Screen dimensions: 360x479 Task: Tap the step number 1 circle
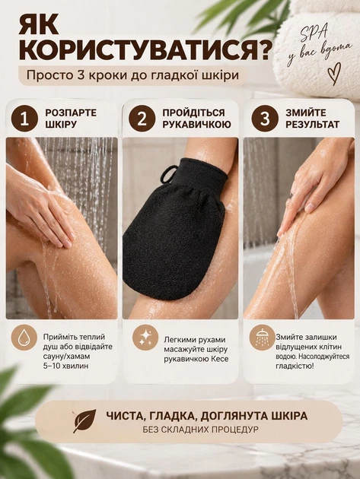coord(24,119)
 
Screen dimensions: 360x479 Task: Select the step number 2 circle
coord(142,119)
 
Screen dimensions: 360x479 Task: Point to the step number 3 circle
coord(265,119)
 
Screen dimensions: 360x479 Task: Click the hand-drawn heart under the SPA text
coord(334,74)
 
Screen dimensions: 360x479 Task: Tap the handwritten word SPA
coord(314,34)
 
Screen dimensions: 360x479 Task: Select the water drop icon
coord(24,338)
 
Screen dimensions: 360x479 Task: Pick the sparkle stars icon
coord(145,338)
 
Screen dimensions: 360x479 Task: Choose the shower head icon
coord(262,338)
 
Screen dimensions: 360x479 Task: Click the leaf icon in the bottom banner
coord(84,421)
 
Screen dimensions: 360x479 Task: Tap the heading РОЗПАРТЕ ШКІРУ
coord(71,119)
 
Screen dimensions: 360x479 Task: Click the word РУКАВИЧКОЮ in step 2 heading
coord(196,125)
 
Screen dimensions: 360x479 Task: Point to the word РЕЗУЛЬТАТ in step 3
coord(312,125)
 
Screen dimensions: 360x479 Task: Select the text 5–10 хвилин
coord(65,366)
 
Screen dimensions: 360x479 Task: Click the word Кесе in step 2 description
coord(220,359)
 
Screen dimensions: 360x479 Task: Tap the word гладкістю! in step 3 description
coord(295,366)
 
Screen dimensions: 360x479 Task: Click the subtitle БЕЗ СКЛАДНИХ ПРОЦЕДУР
coord(200,430)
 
